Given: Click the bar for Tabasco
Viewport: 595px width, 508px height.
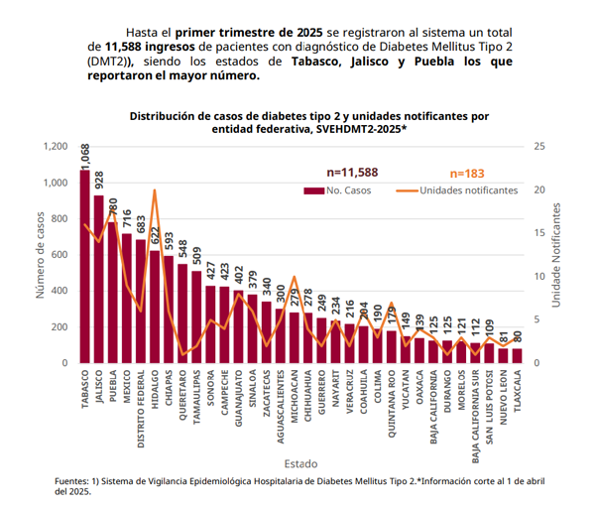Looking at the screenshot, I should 85,268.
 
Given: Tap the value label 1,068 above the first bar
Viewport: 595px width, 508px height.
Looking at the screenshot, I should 85,156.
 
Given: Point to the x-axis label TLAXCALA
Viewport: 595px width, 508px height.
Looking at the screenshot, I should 517,390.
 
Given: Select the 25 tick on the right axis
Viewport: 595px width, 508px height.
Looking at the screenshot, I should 539,147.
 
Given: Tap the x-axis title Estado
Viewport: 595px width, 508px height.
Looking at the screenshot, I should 299,463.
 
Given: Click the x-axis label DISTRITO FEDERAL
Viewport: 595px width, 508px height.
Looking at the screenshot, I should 141,408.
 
